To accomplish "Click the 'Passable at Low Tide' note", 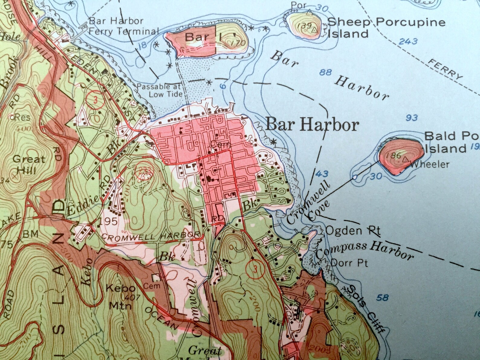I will coord(159,90).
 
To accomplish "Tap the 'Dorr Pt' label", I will coord(349,263).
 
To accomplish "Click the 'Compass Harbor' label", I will coord(364,250).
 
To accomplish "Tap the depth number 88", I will coord(325,72).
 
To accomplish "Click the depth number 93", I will coord(412,118).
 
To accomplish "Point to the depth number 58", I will coord(382,298).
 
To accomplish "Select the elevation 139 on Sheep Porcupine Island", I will coord(303,25).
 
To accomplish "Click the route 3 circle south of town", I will coord(256,268).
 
